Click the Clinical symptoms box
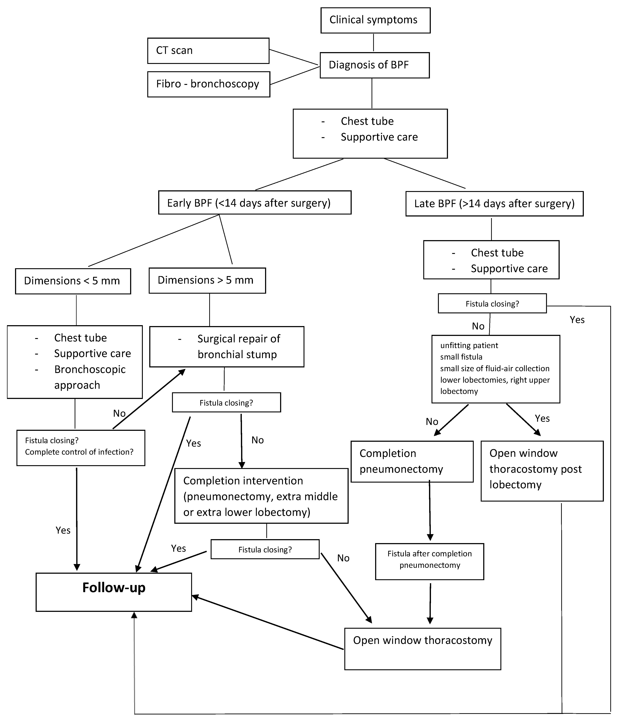(x=375, y=20)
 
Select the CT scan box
(x=208, y=51)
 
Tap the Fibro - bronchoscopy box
(x=209, y=84)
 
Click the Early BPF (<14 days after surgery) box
(x=255, y=203)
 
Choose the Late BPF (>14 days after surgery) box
(x=494, y=204)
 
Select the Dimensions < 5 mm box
(x=73, y=281)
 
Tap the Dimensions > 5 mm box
(x=207, y=280)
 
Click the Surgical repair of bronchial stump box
(x=227, y=346)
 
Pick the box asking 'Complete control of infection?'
(x=81, y=448)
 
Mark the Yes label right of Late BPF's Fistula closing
(x=577, y=320)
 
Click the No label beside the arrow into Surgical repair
(x=119, y=413)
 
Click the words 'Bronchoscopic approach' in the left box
(x=90, y=377)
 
